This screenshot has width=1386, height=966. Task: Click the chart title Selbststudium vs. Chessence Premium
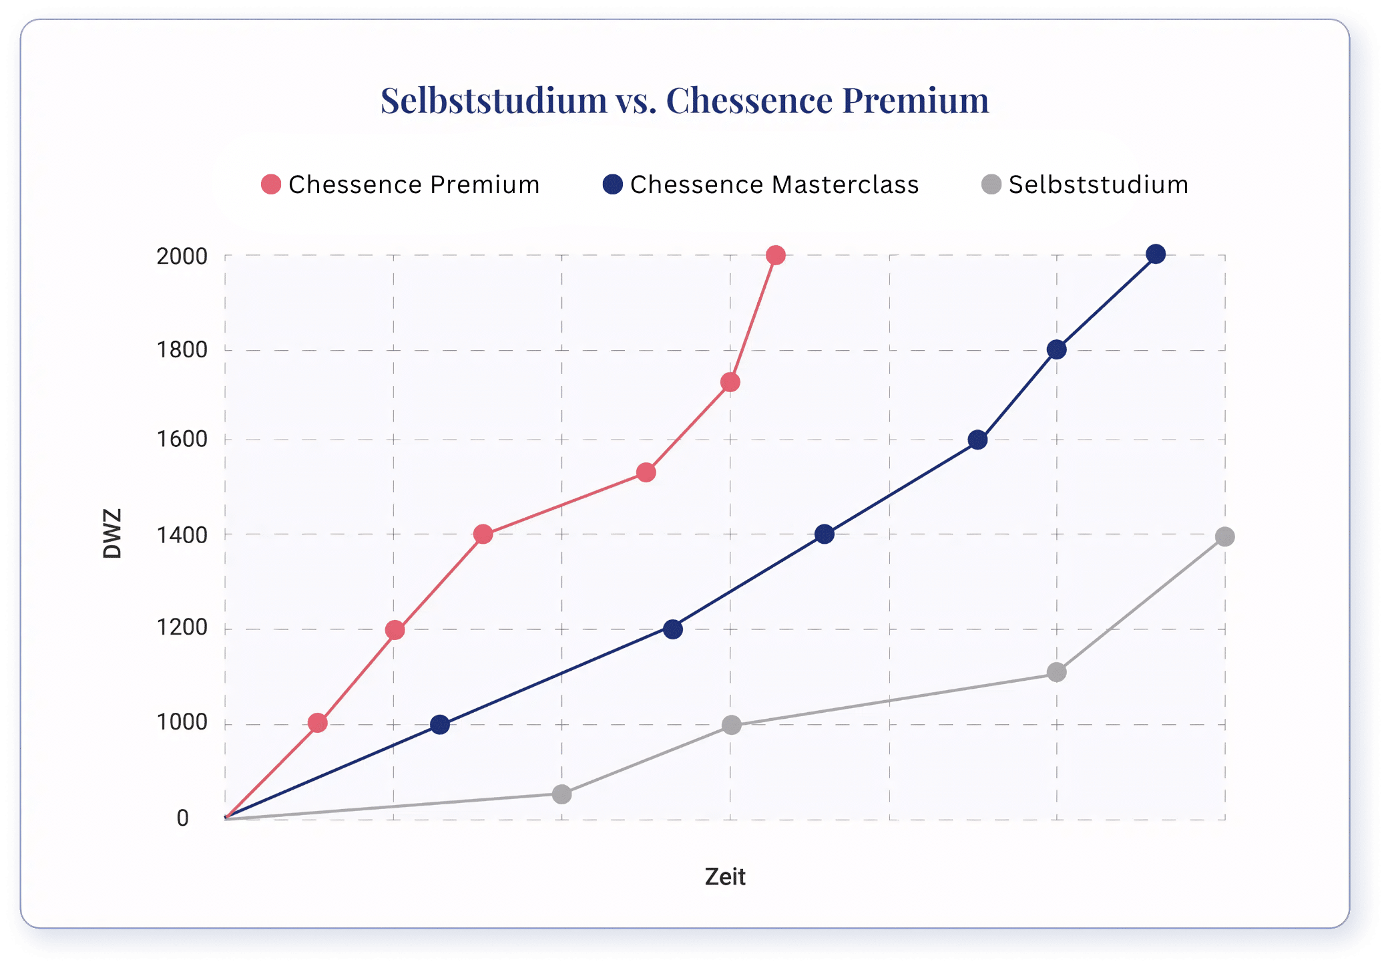[x=684, y=100]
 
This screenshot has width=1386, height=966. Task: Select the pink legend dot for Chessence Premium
[x=271, y=184]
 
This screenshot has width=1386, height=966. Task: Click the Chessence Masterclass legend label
[x=774, y=184]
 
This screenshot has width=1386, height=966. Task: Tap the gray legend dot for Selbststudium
[x=991, y=184]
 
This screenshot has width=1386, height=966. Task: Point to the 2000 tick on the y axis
[x=182, y=256]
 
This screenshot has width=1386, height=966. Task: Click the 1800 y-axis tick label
[x=182, y=349]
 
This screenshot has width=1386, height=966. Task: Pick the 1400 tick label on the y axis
[x=182, y=534]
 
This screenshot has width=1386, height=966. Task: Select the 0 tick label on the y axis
[x=182, y=818]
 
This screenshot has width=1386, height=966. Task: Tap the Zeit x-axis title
[x=725, y=876]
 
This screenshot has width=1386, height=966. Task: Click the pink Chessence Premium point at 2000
[x=775, y=255]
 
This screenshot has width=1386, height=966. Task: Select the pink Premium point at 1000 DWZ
[x=318, y=723]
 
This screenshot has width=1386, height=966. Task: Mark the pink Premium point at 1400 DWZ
[x=483, y=534]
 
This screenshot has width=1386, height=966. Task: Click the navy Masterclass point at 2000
[x=1156, y=254]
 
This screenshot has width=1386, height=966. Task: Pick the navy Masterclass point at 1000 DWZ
[x=440, y=725]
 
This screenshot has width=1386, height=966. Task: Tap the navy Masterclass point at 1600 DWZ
[x=977, y=440]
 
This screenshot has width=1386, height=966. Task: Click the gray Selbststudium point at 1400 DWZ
[x=1224, y=536]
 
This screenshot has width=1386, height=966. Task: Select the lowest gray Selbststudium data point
[x=562, y=794]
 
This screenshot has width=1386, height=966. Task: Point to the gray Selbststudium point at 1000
[x=732, y=725]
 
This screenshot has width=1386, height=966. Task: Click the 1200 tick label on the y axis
[x=182, y=627]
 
